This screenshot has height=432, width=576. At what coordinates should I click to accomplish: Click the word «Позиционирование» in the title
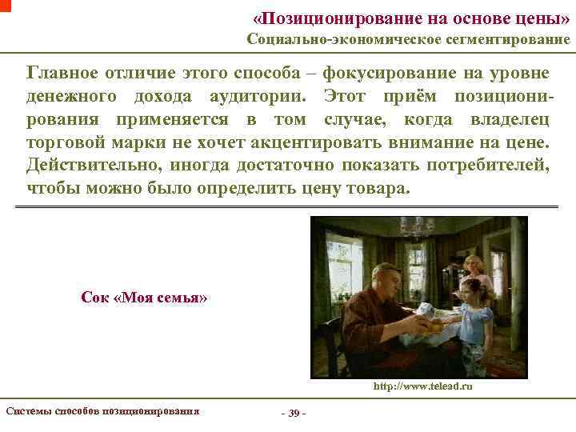pos(330,17)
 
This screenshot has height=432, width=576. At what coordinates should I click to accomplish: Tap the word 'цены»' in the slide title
pos(546,17)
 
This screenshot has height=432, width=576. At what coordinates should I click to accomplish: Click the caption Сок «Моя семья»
pos(145,297)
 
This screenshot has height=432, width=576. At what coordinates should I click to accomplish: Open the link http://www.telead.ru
pos(422,386)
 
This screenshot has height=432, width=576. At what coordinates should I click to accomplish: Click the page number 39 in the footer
pos(294,413)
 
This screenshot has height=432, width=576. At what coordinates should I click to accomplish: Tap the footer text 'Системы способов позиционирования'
pos(102,411)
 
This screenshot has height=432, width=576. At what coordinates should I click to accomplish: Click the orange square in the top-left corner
pos(6,5)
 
